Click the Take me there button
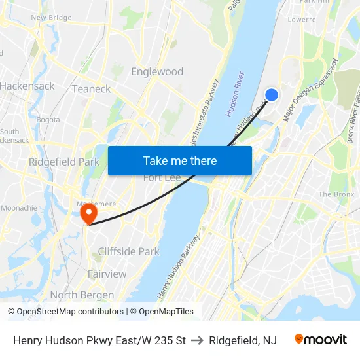[x=179, y=160]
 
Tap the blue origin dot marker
[x=272, y=95]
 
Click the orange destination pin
[x=88, y=214]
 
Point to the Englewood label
[x=157, y=71]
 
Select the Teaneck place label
[x=91, y=88]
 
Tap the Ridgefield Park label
[x=63, y=162]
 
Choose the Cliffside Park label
[x=128, y=251]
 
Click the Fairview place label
[x=107, y=274]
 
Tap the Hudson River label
[x=235, y=94]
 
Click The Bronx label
[x=335, y=194]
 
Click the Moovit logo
[x=320, y=340]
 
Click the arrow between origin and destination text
[x=197, y=340]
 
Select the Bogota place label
[x=48, y=120]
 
